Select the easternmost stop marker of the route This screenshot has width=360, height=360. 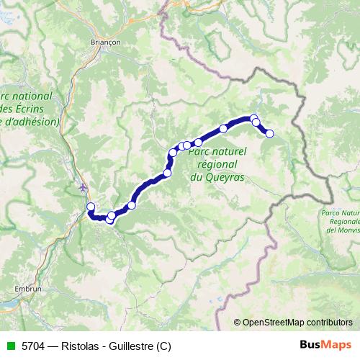pos(270,133)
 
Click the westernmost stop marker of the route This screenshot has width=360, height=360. pos(91,207)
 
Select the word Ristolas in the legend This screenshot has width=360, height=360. pos(75,346)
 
